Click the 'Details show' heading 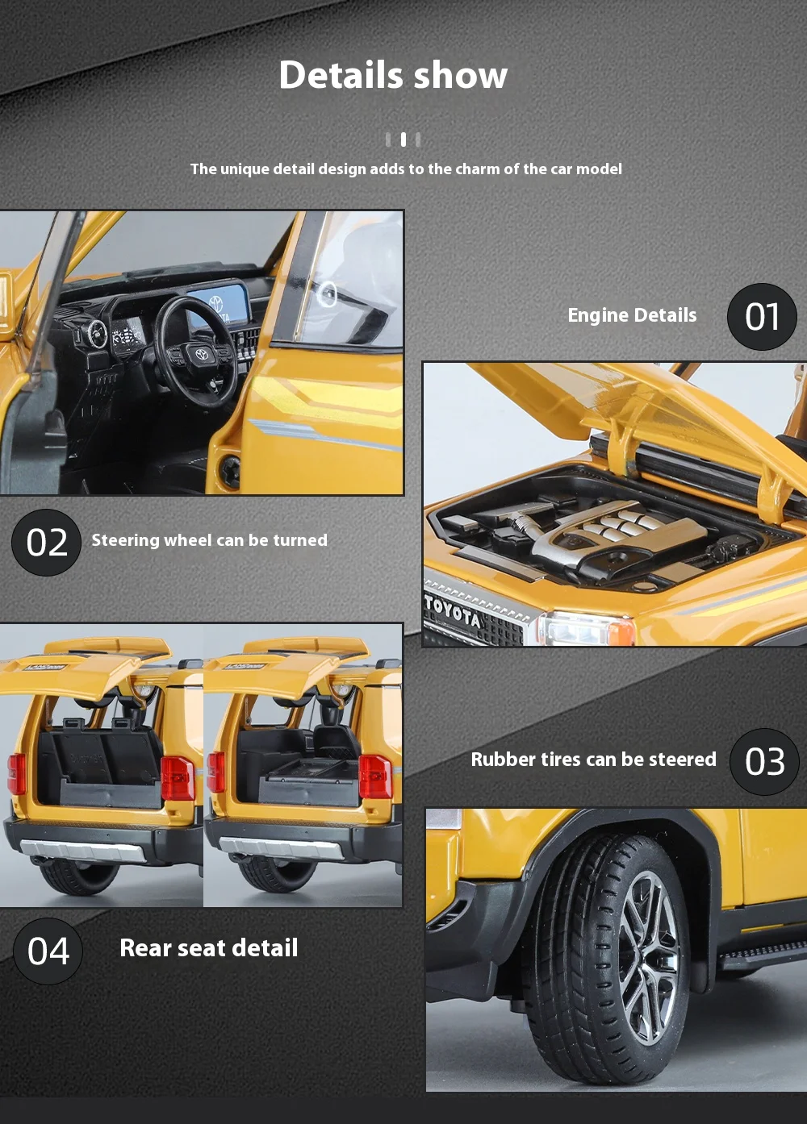point(393,75)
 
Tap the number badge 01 point(762,317)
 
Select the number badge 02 point(46,543)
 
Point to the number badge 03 point(764,762)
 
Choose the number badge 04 point(48,951)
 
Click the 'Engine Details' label point(632,315)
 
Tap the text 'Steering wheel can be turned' point(209,540)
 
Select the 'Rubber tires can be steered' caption point(594,760)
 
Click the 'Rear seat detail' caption point(209,948)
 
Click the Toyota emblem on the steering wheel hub point(202,354)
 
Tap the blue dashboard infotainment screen point(221,306)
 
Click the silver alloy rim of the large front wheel point(648,957)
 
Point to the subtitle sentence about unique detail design point(406,169)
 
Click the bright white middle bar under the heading point(403,139)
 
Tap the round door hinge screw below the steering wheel point(232,472)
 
